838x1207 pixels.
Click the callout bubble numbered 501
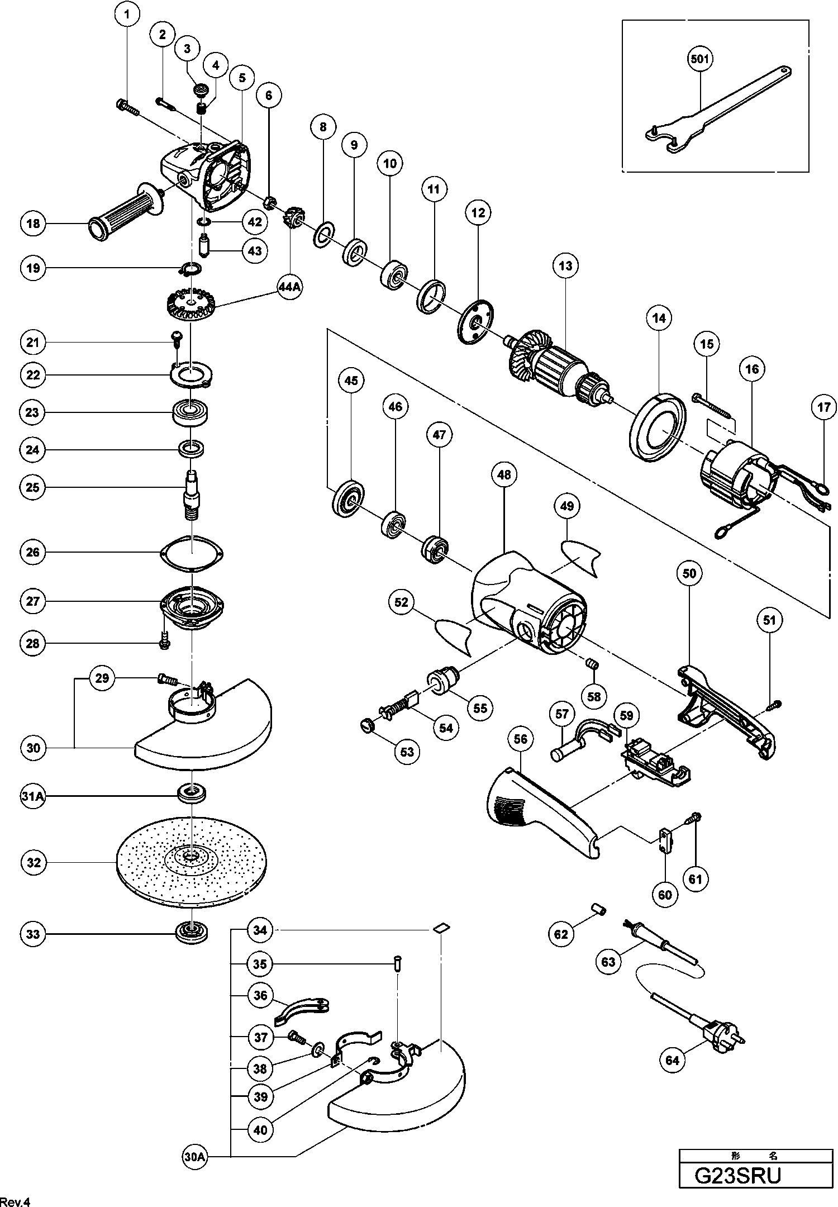(699, 59)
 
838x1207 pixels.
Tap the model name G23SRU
(737, 1175)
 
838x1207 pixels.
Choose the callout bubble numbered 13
(565, 265)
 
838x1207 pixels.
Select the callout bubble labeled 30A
(194, 1157)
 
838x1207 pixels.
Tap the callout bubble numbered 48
(504, 475)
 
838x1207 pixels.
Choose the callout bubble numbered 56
(520, 739)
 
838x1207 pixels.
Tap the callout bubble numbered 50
(689, 573)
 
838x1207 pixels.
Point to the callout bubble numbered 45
(351, 381)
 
